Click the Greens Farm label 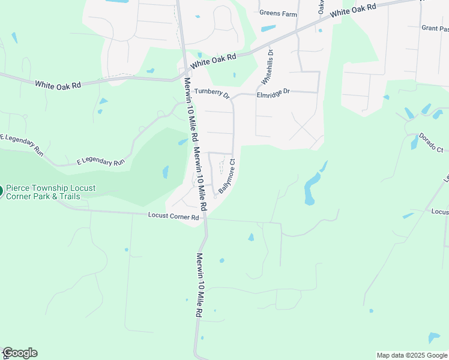click(x=278, y=13)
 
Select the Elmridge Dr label click(x=273, y=93)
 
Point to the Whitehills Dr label click(x=268, y=67)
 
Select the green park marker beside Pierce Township click(x=1, y=192)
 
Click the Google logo click(x=20, y=353)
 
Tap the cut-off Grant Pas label click(x=435, y=28)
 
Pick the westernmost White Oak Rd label click(x=57, y=85)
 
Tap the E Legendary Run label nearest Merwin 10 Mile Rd click(x=100, y=162)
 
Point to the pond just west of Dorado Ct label click(x=414, y=142)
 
